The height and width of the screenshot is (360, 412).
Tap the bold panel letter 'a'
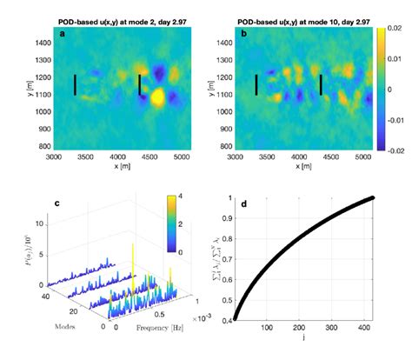coord(62,34)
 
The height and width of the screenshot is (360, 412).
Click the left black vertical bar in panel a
coord(76,84)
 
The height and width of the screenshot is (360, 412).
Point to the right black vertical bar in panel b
coord(321,84)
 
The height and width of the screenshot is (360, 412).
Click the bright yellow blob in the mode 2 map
coord(157,97)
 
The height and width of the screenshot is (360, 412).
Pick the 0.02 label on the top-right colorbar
coord(394,30)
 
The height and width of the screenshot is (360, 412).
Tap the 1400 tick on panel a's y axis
coord(39,42)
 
